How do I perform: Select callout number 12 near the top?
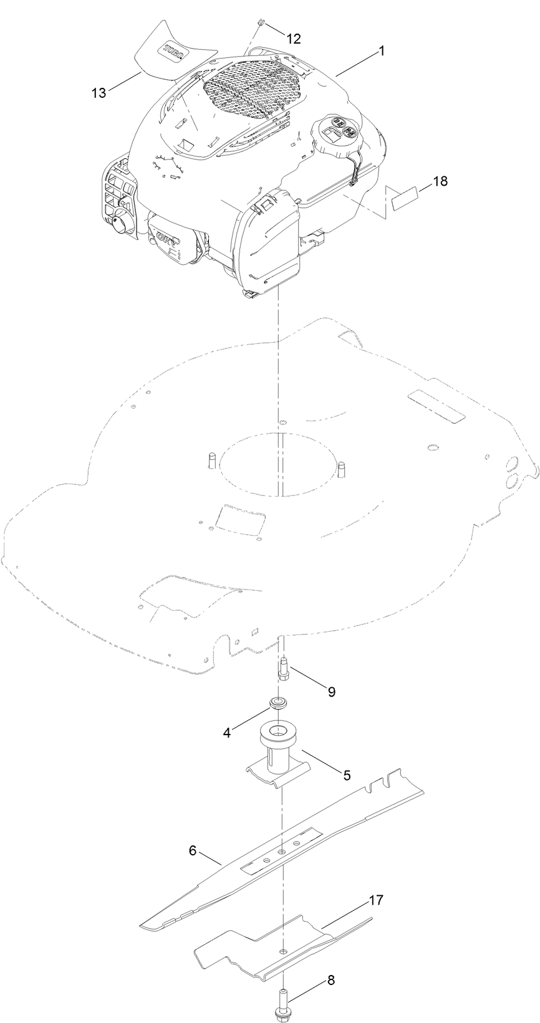point(293,39)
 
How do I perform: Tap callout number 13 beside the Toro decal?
point(99,93)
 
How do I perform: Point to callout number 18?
point(440,181)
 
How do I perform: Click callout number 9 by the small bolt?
point(331,691)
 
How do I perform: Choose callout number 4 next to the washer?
point(227,733)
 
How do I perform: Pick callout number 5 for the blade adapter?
point(347,775)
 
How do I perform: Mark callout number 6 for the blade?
point(193,850)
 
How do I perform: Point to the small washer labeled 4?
point(276,704)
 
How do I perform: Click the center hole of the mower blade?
point(282,850)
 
